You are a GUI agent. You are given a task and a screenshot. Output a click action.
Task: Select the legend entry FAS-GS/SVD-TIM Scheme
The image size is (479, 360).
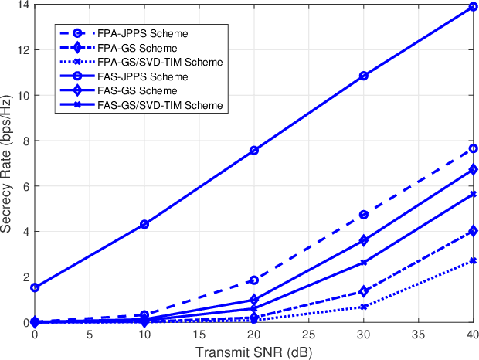[x=159, y=104]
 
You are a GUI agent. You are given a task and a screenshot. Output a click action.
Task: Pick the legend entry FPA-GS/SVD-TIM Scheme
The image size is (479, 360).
[x=159, y=63]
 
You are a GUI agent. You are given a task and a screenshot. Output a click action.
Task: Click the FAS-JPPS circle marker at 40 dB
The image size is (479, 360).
[x=474, y=7]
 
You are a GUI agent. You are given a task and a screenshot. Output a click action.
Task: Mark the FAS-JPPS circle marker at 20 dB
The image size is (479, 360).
[x=254, y=151]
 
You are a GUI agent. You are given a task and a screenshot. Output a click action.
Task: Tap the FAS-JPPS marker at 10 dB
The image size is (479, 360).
[x=144, y=224]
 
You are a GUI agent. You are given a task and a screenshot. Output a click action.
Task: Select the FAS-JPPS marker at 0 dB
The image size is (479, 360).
[x=35, y=287]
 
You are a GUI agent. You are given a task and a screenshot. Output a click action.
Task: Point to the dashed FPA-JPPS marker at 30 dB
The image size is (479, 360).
[x=364, y=215]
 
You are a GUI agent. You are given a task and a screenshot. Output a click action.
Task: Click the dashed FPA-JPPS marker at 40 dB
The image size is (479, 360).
[x=474, y=148]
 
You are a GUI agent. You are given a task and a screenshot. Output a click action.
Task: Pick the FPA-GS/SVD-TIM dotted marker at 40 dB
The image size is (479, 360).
[x=474, y=261]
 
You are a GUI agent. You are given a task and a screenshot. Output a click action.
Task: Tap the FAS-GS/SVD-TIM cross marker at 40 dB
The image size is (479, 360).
[x=474, y=194]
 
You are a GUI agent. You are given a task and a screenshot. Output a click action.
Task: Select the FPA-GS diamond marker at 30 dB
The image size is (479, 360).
[x=364, y=291]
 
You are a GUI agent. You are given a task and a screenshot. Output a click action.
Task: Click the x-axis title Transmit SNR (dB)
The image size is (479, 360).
[x=254, y=352]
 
